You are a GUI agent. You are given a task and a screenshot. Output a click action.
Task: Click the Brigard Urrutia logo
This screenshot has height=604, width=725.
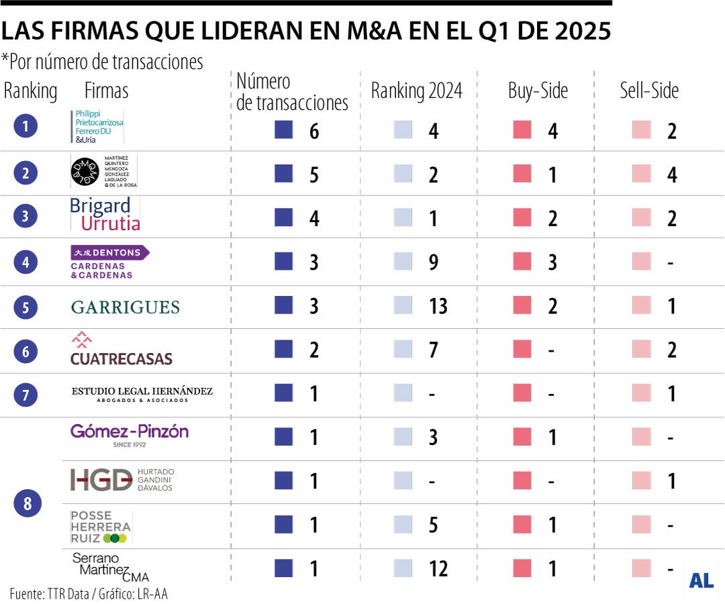click(105, 215)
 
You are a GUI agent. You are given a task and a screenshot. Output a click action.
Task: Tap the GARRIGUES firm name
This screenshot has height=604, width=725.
click(126, 307)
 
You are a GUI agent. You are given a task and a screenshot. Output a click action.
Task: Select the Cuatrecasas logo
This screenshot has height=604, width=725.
click(122, 350)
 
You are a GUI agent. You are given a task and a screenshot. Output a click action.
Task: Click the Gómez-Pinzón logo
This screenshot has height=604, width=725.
click(130, 434)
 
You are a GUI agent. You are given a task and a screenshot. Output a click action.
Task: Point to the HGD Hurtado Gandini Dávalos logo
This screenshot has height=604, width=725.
click(122, 480)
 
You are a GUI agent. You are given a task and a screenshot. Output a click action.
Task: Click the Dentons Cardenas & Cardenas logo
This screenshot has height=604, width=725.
click(110, 262)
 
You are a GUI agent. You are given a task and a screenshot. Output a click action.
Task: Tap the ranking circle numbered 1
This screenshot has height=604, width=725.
click(26, 126)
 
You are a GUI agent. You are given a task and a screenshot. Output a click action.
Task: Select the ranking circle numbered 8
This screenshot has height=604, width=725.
click(28, 504)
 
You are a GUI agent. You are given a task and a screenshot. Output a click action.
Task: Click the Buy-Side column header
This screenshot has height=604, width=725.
click(538, 91)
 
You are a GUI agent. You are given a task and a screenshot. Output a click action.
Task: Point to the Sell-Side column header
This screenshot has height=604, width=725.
click(649, 91)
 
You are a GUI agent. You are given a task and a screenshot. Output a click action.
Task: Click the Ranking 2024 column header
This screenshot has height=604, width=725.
click(417, 91)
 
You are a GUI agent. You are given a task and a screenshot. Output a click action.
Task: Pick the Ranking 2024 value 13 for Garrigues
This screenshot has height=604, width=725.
click(438, 307)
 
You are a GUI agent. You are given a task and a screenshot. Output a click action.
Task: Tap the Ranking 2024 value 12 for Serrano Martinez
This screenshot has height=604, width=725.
click(438, 570)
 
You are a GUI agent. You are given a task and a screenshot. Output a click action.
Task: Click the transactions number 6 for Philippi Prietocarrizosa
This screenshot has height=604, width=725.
click(314, 131)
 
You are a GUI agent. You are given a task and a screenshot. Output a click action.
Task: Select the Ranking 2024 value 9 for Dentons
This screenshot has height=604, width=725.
click(433, 262)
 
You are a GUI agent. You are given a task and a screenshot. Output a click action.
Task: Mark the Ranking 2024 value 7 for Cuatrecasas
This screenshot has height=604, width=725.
click(433, 350)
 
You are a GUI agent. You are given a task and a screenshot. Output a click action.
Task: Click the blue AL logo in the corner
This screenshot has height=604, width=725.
click(701, 581)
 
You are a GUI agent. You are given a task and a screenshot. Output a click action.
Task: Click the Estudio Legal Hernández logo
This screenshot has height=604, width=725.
click(142, 394)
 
